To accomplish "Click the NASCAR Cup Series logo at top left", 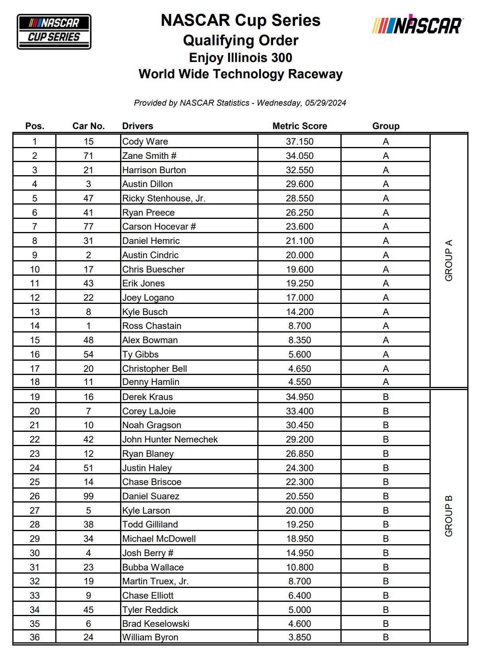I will [x=54, y=31].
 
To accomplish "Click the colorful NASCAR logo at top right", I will [x=417, y=25].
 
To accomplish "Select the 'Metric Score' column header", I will [x=299, y=126].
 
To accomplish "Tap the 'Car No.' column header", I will [x=88, y=126].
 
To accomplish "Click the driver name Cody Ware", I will [x=145, y=141].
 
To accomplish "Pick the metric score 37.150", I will [x=299, y=141].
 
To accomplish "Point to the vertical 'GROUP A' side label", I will [x=449, y=261].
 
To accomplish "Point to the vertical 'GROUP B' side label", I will [x=449, y=516].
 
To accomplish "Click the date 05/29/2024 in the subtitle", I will [x=325, y=103].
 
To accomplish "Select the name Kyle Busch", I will [x=145, y=312].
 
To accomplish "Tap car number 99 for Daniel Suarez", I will [x=88, y=496].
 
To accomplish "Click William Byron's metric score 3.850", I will [x=299, y=637].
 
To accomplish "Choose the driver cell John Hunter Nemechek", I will [x=170, y=439].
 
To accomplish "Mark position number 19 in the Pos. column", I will [x=35, y=397].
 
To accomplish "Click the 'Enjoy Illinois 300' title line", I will [x=241, y=58].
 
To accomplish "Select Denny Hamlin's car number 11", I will [x=88, y=382].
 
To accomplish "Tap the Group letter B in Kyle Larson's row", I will [x=385, y=510].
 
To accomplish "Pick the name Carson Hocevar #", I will [x=159, y=226].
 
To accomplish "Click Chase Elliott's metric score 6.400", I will [x=299, y=595].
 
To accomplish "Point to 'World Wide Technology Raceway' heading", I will [x=241, y=74].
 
